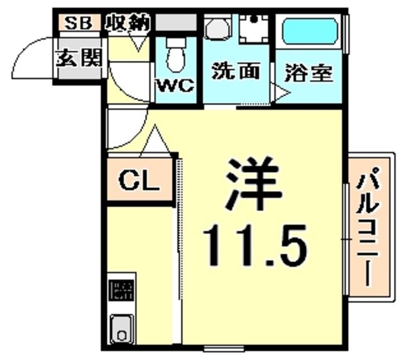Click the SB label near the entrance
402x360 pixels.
pos(78,23)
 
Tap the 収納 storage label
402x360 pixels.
pos(128,23)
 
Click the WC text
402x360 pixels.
pos(176,85)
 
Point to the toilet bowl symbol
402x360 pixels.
pos(176,56)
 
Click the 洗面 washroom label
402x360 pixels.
pos(236,71)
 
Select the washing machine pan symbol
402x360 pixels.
pos(254,29)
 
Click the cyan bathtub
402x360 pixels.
pos(310,31)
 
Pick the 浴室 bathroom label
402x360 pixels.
pos(308,73)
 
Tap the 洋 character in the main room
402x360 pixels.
pos(254,183)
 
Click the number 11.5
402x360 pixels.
pos(255,245)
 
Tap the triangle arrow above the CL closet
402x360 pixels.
pos(155,141)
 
